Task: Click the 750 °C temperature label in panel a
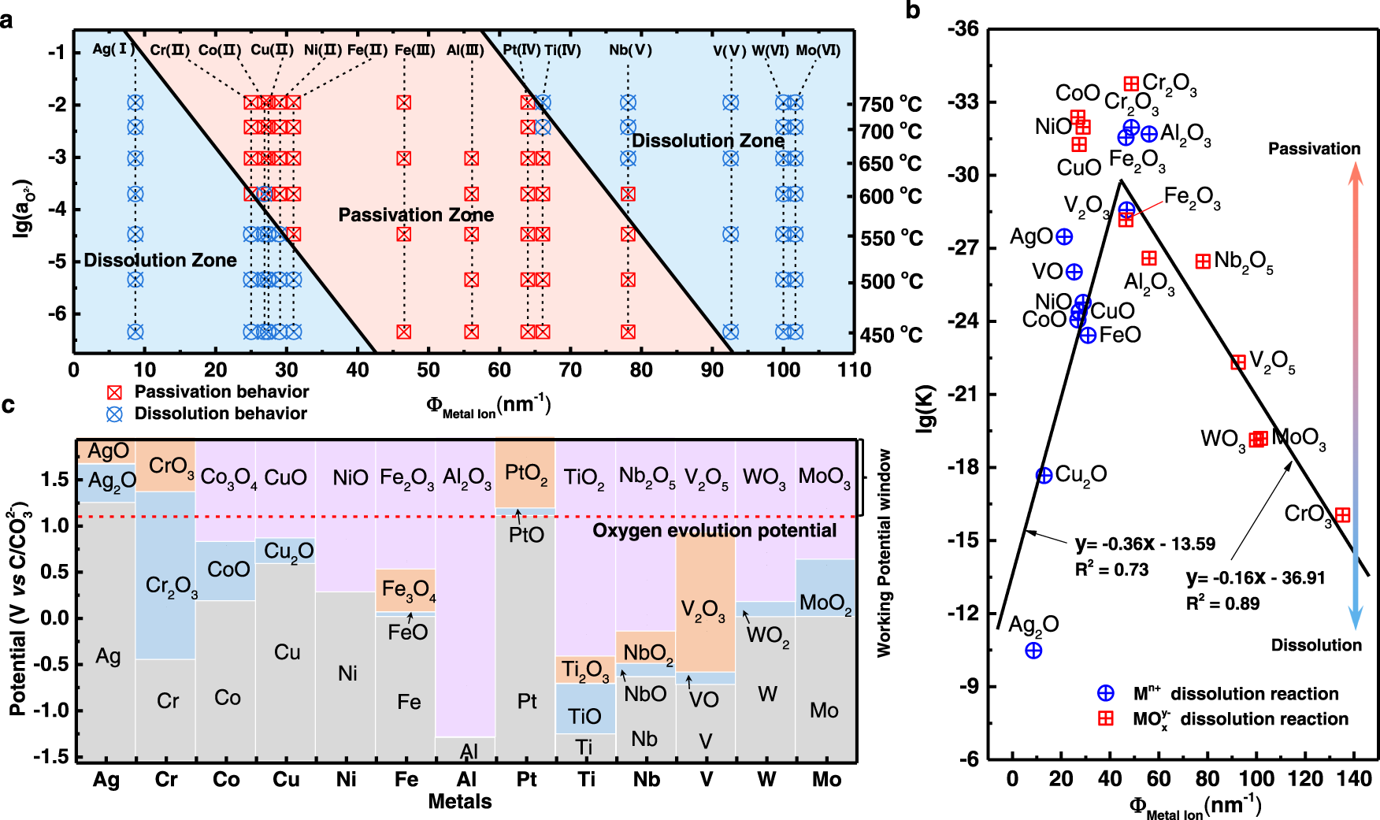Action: (x=890, y=105)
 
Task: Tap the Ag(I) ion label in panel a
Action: (x=113, y=50)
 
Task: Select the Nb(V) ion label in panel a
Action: (x=630, y=50)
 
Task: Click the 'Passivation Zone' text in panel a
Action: (x=416, y=215)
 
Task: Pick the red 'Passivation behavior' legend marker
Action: (x=115, y=392)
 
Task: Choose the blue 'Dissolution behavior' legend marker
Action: (x=115, y=414)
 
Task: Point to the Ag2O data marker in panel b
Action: (x=1033, y=651)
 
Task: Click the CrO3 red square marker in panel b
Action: (x=1342, y=515)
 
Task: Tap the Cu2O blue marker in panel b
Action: (x=1044, y=476)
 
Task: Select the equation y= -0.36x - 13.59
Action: (x=1144, y=544)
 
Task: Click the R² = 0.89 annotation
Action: (x=1222, y=604)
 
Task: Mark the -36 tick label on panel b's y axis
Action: (x=963, y=30)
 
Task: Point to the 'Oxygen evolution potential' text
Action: (x=714, y=531)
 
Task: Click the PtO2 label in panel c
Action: (x=525, y=473)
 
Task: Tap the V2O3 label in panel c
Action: (x=703, y=610)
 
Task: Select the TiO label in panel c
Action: (x=584, y=716)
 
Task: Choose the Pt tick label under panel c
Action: (x=526, y=780)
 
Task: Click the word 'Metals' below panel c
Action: (x=460, y=802)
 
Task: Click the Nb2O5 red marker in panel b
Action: (x=1203, y=262)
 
